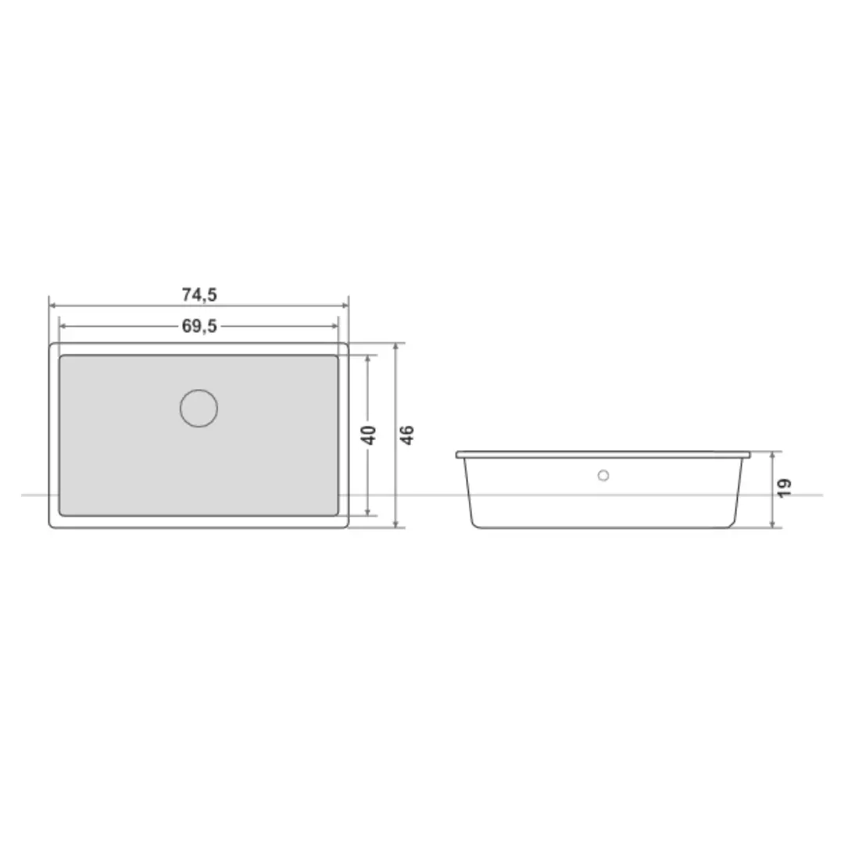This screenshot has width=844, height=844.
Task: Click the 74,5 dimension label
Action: [199, 295]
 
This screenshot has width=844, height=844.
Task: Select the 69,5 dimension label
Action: [199, 326]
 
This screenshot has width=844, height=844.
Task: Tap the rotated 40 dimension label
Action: [369, 435]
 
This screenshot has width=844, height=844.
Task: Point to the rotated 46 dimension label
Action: [407, 435]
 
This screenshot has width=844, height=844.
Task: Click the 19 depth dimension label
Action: [785, 488]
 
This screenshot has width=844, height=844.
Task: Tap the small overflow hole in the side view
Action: [603, 475]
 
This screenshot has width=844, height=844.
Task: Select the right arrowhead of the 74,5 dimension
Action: [345, 306]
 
